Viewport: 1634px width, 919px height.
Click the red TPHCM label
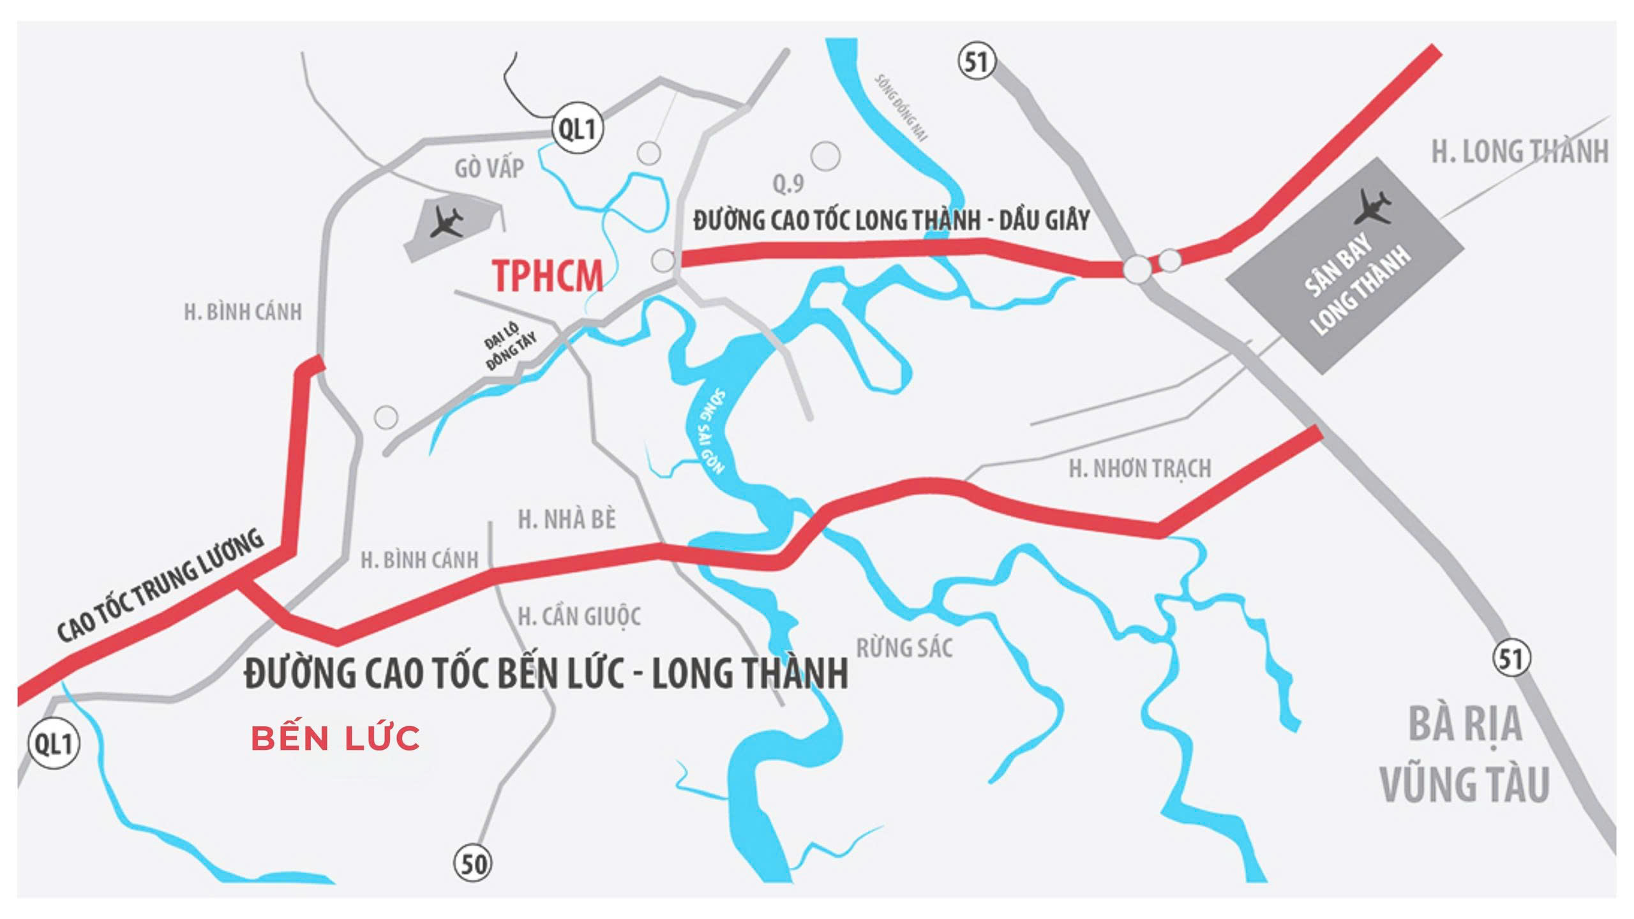(x=548, y=276)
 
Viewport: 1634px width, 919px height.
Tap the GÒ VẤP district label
(x=490, y=168)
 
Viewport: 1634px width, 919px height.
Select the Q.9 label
(x=788, y=184)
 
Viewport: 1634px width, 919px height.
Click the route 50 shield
(x=473, y=864)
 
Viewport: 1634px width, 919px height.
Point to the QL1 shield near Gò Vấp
(x=577, y=130)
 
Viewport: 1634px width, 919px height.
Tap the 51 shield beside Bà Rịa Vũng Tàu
(x=1511, y=658)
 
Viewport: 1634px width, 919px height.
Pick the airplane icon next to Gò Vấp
(x=447, y=221)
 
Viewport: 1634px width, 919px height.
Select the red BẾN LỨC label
(x=336, y=738)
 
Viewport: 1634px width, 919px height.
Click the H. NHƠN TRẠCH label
(x=1140, y=469)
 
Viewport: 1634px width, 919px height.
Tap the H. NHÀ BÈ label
(x=567, y=519)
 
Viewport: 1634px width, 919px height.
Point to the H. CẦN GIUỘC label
(x=579, y=616)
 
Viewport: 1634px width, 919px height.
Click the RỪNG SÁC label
(x=904, y=648)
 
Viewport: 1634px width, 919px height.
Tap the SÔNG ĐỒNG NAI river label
(x=902, y=107)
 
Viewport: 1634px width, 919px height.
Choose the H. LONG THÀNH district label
(x=1519, y=152)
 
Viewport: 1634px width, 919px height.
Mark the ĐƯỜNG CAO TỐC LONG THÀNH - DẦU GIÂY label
(x=891, y=220)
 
